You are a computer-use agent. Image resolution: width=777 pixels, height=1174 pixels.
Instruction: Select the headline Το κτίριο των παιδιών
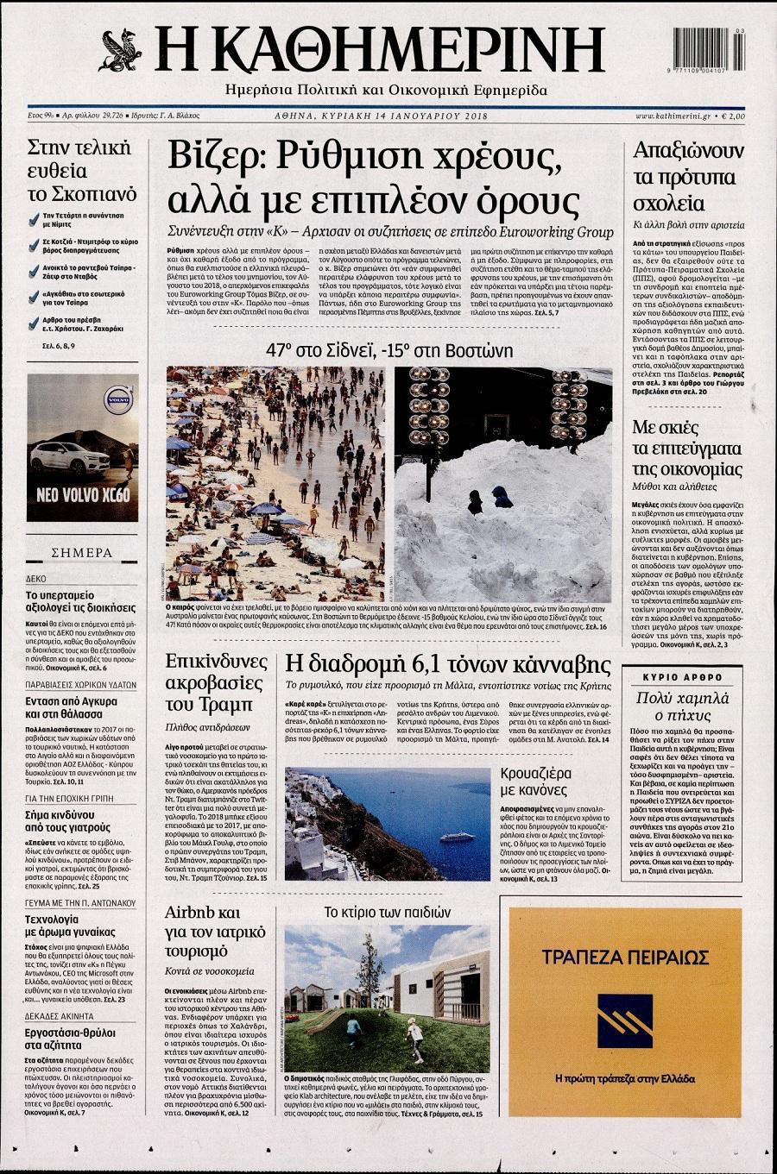[388, 912]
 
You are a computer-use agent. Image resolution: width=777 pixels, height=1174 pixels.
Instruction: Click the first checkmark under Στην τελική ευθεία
[33, 217]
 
